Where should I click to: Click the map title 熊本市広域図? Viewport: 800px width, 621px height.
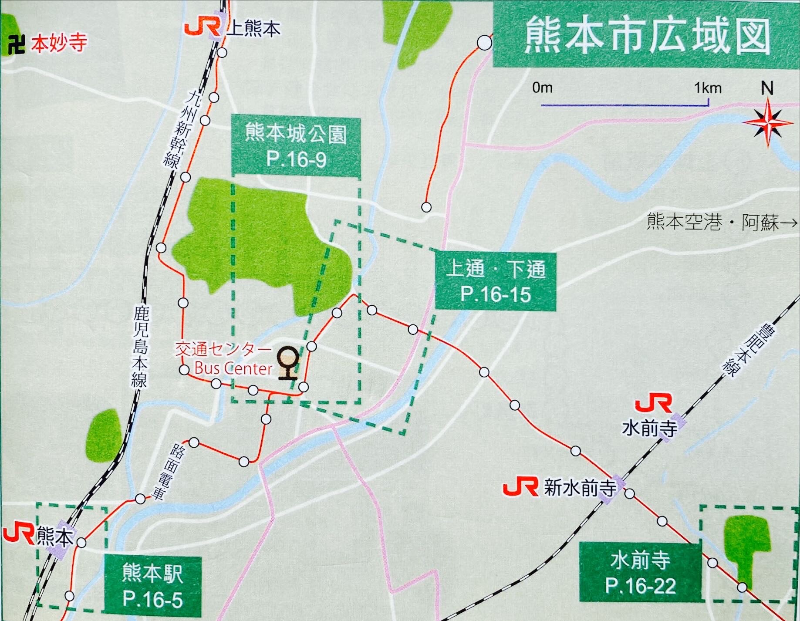click(x=647, y=35)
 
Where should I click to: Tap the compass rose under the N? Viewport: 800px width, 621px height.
click(x=768, y=122)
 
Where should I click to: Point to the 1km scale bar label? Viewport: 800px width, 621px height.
click(x=708, y=88)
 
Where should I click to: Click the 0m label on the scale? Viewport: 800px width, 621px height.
click(x=542, y=88)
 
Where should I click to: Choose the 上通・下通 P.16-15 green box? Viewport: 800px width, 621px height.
click(x=496, y=281)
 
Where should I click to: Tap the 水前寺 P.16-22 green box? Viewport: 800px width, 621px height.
click(x=640, y=573)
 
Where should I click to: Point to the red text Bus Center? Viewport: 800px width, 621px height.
click(x=233, y=368)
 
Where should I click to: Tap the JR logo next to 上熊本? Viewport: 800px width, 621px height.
click(x=202, y=28)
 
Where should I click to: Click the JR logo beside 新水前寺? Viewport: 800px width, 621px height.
click(x=521, y=488)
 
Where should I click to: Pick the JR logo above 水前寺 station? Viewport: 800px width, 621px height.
click(x=654, y=404)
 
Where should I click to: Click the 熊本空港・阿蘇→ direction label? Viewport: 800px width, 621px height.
click(x=722, y=222)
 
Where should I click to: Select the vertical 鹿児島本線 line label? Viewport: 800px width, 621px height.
click(x=141, y=346)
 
